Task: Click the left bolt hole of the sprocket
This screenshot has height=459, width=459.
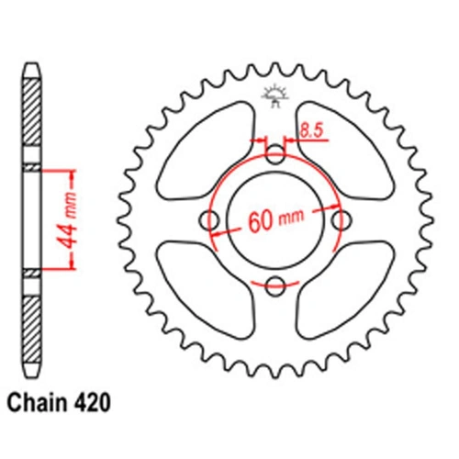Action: coord(211,219)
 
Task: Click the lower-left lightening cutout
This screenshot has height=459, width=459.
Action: coord(207,292)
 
